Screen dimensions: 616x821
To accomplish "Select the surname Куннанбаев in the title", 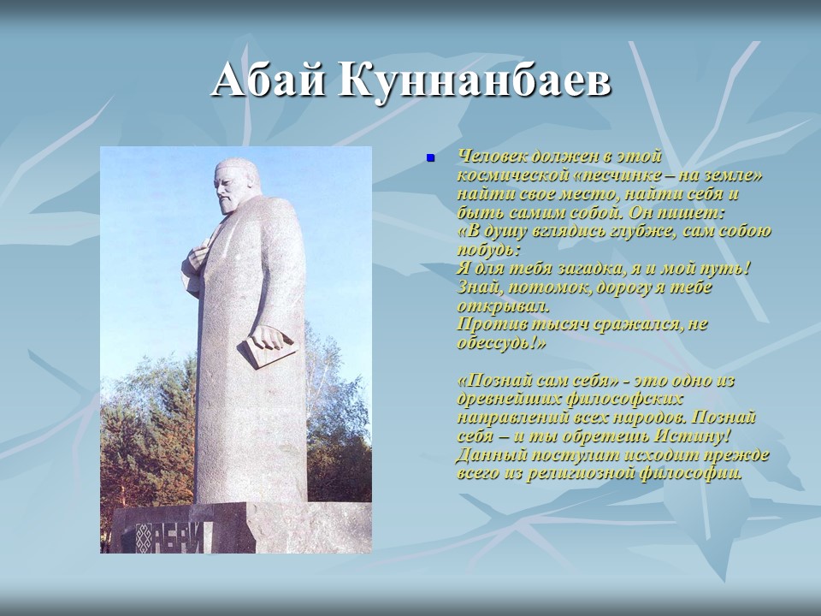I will tap(474, 81).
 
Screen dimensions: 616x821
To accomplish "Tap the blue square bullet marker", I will tap(431, 157).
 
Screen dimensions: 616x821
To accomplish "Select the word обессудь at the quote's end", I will tap(499, 344).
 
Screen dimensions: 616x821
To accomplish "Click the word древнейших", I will tap(505, 400).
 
